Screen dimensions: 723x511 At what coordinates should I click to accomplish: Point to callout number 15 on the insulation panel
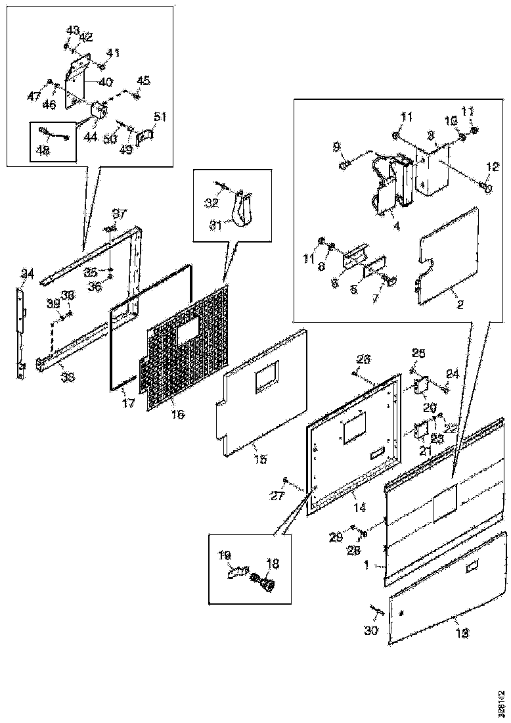(x=259, y=459)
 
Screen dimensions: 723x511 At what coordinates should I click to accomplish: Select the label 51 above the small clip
(x=160, y=117)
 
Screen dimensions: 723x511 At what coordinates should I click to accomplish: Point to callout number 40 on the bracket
(x=106, y=83)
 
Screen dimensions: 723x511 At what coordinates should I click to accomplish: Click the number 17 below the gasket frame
(x=128, y=403)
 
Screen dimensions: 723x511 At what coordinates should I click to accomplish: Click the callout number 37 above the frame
(x=118, y=214)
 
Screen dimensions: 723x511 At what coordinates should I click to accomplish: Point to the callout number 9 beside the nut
(x=337, y=146)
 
